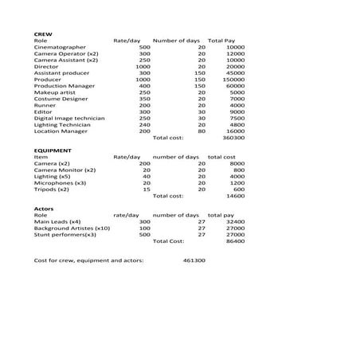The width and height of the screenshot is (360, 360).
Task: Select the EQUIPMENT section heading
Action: pyautogui.click(x=53, y=150)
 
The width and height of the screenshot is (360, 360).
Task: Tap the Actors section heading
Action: pyautogui.click(x=44, y=208)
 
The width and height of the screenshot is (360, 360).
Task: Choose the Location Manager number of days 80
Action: pyautogui.click(x=202, y=131)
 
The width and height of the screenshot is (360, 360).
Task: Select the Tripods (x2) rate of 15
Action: pyautogui.click(x=146, y=189)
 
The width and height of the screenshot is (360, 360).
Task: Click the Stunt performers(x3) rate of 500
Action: pyautogui.click(x=144, y=234)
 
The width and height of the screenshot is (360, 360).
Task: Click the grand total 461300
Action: pyautogui.click(x=194, y=260)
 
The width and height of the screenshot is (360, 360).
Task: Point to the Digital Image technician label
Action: pyautogui.click(x=70, y=118)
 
